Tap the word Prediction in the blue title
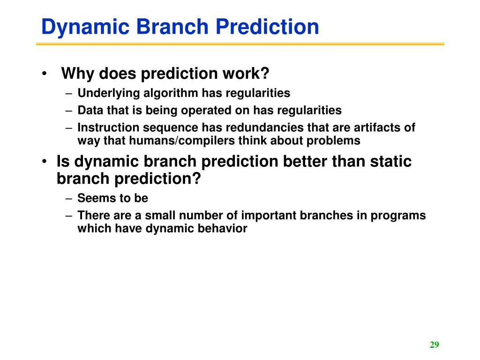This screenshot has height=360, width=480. point(267,26)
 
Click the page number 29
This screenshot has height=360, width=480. point(435,345)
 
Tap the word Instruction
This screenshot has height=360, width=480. point(108,127)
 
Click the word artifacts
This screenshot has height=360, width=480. point(377,127)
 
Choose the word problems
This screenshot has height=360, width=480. point(333,141)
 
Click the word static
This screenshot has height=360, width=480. point(390,161)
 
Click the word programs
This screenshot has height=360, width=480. point(398,216)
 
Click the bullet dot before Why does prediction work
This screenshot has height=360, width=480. point(45,74)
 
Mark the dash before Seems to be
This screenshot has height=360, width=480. point(69,199)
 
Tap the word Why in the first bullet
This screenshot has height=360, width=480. point(77,74)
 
